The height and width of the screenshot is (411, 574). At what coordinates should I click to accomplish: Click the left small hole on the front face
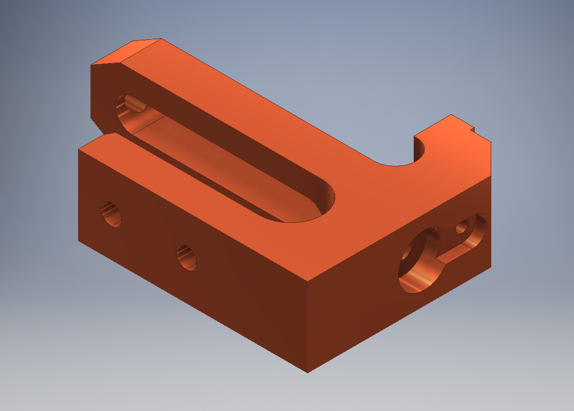[x=111, y=213]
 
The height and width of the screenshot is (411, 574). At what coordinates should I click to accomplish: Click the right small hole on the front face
[x=187, y=257]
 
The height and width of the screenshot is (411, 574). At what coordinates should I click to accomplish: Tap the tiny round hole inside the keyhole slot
[x=461, y=226]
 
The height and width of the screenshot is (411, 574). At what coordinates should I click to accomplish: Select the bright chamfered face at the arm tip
[x=126, y=52]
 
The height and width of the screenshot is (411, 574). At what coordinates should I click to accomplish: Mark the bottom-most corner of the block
[x=308, y=372]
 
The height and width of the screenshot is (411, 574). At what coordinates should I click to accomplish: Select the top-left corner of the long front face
[x=79, y=150]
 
